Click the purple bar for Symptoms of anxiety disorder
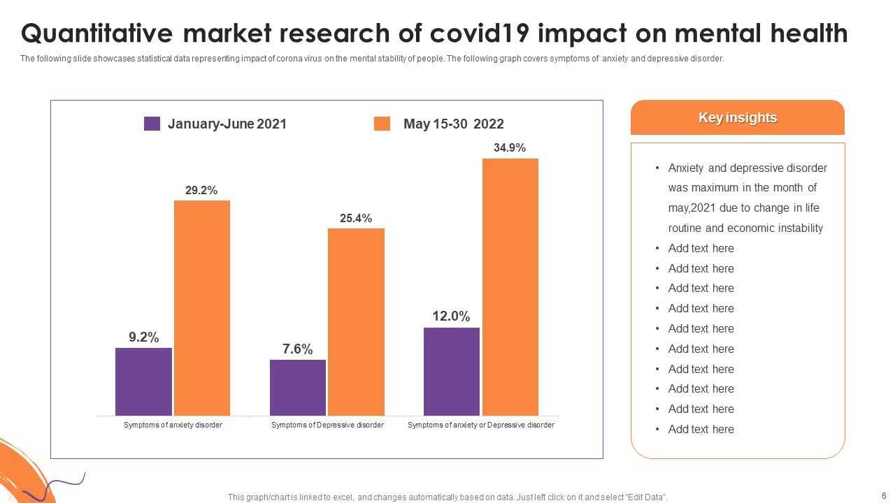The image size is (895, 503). pos(143,381)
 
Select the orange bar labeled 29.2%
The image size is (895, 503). pos(202,308)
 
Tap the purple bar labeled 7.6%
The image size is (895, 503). pos(298,388)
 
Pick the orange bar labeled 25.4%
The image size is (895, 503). pos(356,322)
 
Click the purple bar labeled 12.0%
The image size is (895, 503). pos(452,372)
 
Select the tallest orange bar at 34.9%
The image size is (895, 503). pos(510,287)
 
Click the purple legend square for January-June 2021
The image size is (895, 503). pos(152,124)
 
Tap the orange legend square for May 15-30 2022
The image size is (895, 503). pos(382,124)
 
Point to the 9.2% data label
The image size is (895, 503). pos(143,337)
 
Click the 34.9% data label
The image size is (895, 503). pos(510,148)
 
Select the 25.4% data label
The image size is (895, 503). pos(356,219)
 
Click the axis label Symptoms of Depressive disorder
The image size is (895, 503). pos(327,425)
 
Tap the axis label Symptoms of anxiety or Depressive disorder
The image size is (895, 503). pos(481,425)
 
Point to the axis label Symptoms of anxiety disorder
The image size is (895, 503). pos(173,425)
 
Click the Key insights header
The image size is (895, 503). pos(738,118)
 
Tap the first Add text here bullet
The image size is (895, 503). pos(701,249)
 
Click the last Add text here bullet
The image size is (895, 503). pos(701,430)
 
